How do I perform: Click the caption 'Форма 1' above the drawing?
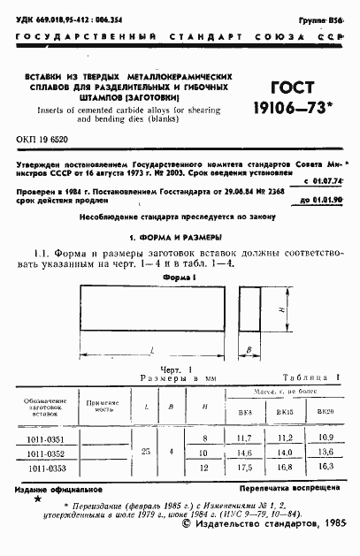pyautogui.click(x=180, y=276)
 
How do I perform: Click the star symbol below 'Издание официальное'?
pyautogui.click(x=36, y=499)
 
